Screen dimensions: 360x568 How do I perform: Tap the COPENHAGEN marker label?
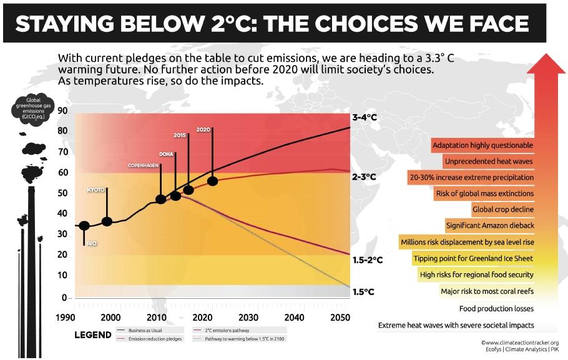(142, 165)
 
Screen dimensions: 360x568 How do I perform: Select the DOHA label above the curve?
(167, 153)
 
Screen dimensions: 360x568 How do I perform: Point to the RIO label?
(92, 243)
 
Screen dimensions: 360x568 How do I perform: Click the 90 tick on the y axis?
(62, 111)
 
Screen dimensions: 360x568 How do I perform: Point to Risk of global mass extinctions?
(485, 193)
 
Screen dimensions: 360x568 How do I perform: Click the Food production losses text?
(496, 309)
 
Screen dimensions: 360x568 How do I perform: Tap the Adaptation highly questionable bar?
(482, 145)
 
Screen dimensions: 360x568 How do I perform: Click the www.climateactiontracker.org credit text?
(519, 343)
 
